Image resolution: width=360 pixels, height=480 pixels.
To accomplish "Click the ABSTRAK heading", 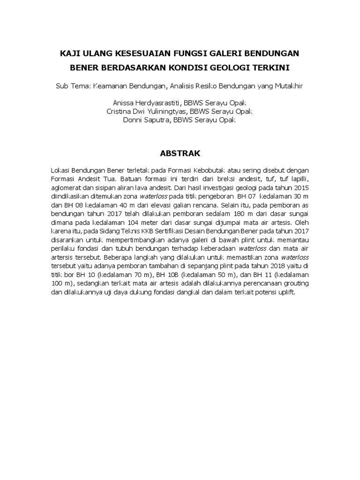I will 180,153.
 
